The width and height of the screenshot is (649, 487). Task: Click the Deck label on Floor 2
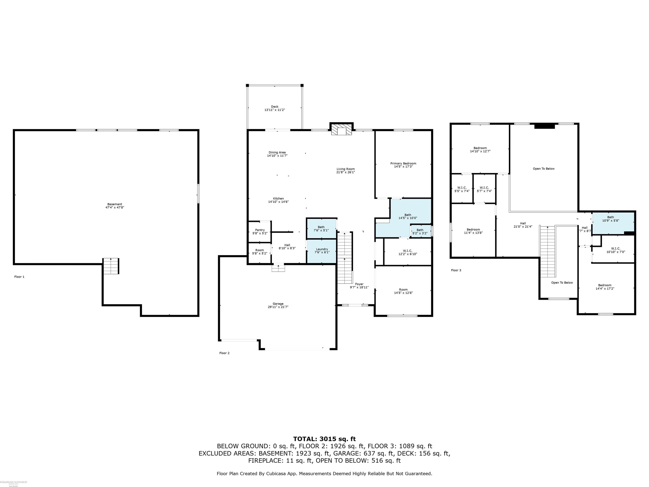275,107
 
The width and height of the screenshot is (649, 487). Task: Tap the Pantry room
260,231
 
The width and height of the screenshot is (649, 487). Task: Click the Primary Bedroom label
403,164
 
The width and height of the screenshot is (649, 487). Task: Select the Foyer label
359,284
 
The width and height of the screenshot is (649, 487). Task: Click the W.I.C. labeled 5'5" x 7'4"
462,189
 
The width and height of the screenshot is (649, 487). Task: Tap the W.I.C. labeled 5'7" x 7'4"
484,189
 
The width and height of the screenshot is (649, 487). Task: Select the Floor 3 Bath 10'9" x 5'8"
610,219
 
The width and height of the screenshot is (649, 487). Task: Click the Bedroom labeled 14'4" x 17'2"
605,287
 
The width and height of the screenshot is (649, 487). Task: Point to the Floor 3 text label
456,270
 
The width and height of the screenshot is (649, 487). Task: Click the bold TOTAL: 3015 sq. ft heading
324,439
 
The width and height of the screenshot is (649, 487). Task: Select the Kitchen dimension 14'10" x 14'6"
278,202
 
